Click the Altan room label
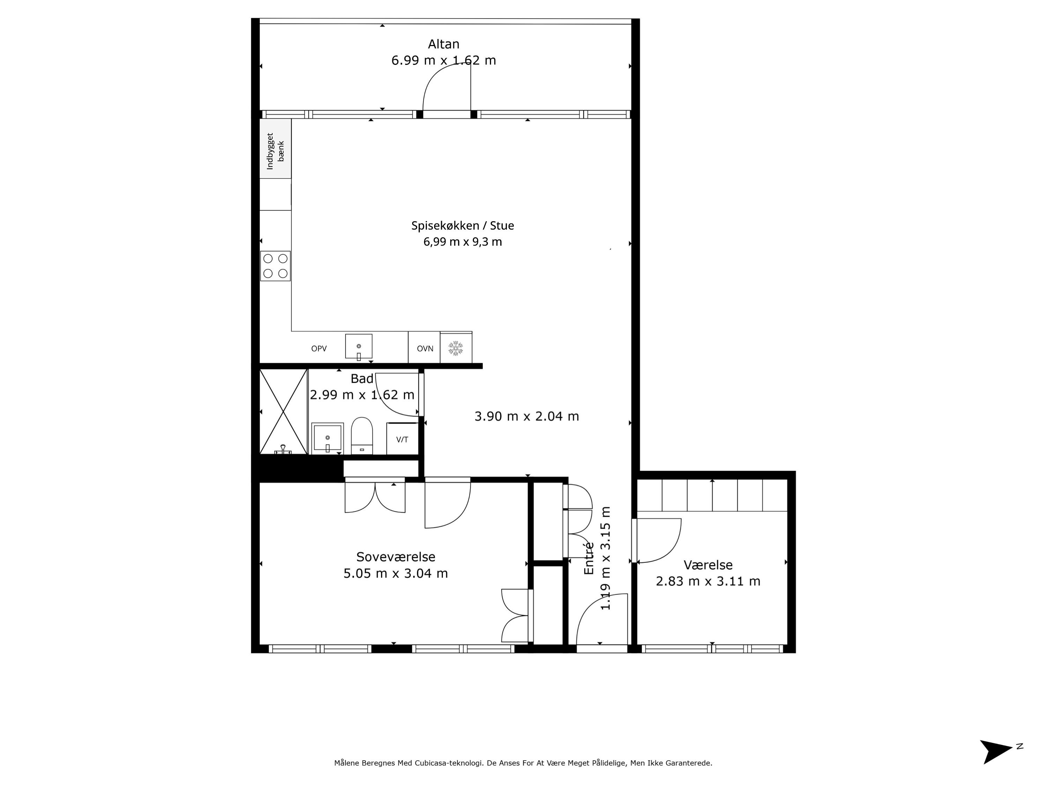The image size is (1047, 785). coord(444,44)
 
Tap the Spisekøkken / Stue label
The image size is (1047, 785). coord(462,226)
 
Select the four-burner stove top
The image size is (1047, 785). coord(275,266)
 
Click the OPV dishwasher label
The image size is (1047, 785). coord(319,349)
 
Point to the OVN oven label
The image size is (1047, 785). coord(425,349)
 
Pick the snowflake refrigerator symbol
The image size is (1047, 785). coord(455,348)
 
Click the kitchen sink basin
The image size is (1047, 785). coord(359,347)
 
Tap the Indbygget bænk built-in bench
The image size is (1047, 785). coord(275,149)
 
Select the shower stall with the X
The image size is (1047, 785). coord(283,412)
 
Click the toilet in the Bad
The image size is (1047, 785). coord(362,436)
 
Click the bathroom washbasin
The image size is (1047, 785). coord(328,438)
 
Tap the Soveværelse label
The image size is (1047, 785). coord(396,557)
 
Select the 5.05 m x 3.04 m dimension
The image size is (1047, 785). coord(396,574)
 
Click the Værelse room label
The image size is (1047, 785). coord(708,565)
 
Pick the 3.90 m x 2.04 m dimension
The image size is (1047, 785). coord(527,416)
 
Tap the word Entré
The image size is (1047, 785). coord(589,558)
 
